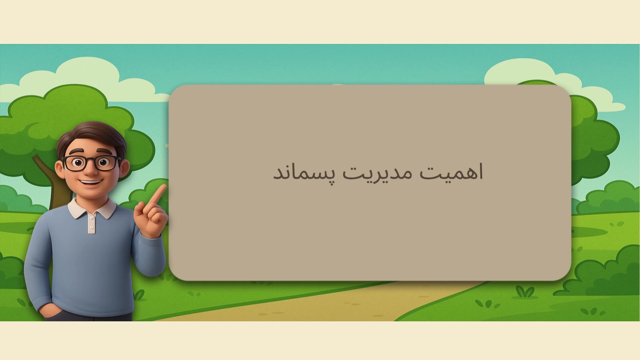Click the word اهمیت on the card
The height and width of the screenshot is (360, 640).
451,172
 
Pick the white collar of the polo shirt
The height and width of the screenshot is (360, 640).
92,208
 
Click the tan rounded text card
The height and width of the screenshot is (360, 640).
370,183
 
